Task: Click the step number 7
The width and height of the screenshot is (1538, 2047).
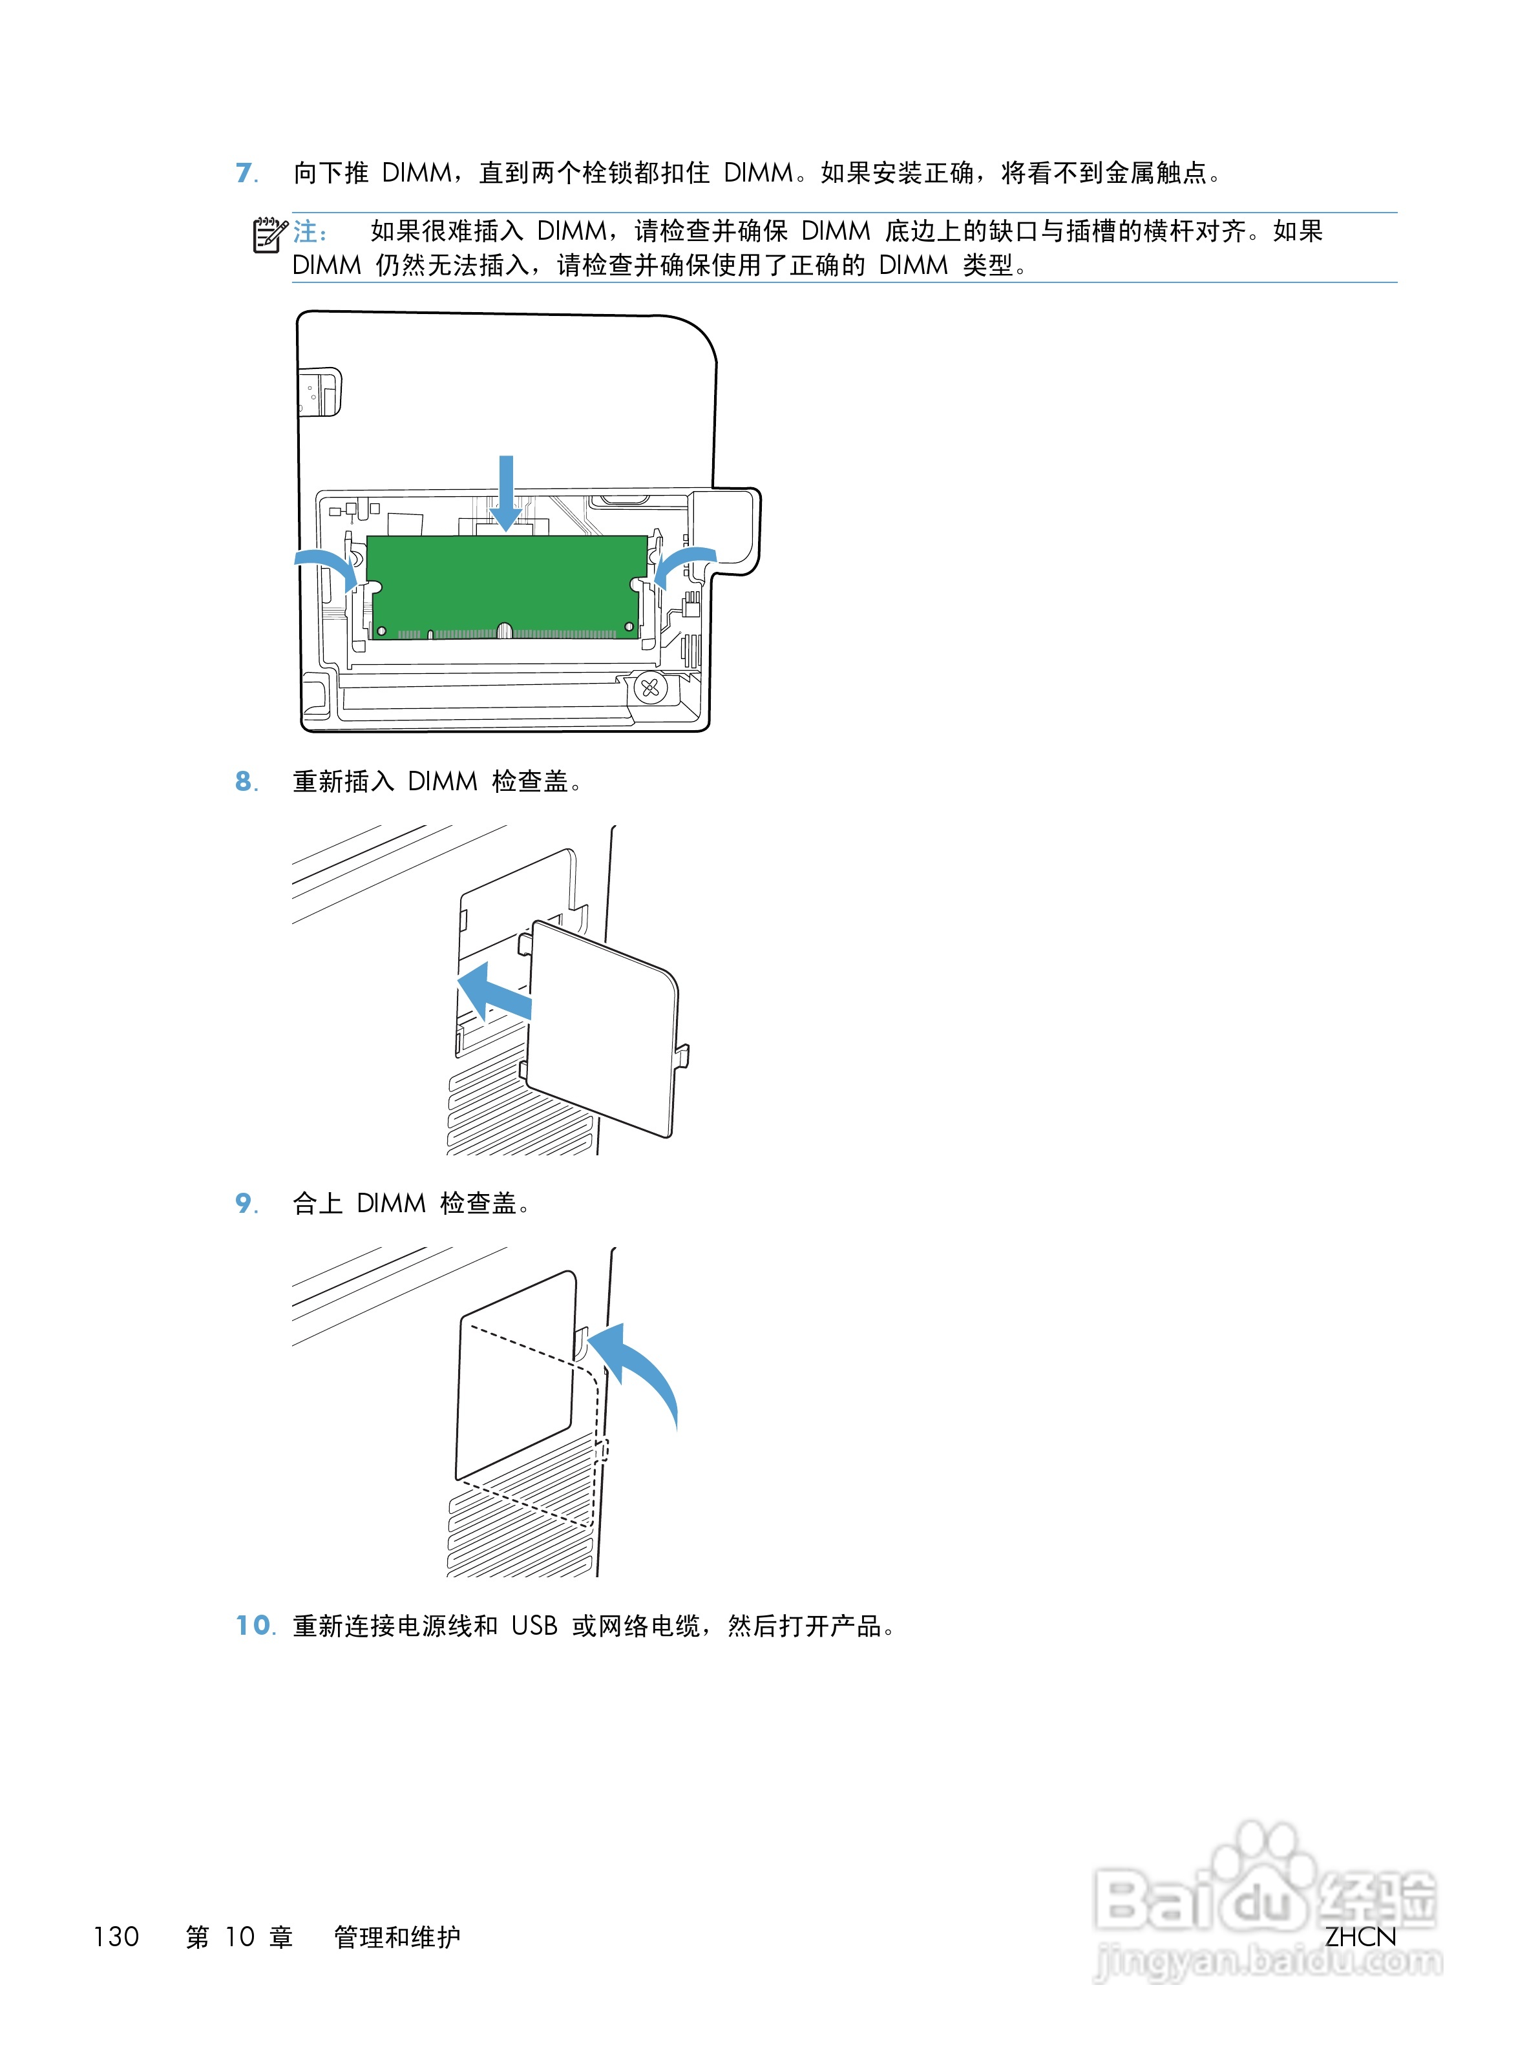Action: tap(244, 173)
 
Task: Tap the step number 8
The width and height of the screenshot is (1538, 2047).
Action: tap(244, 781)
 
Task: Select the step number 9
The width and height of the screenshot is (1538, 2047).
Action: tap(244, 1203)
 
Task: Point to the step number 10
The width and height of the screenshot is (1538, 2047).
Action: tap(253, 1625)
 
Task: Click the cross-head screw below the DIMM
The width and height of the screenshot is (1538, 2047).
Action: tap(649, 688)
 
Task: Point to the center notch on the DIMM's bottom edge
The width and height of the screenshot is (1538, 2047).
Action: tap(504, 631)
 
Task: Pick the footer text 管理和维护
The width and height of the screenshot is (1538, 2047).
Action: tap(397, 1937)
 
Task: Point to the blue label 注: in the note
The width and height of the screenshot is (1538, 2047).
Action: tap(310, 231)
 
